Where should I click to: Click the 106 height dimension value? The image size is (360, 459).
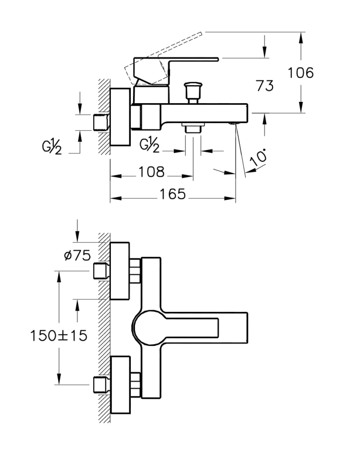(x=301, y=73)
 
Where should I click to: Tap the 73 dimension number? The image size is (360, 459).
(x=264, y=86)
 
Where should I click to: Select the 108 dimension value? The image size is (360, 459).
(x=151, y=172)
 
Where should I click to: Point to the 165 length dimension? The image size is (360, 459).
(x=173, y=194)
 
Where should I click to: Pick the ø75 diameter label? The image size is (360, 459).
(x=77, y=256)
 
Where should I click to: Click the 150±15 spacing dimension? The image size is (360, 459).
(x=59, y=335)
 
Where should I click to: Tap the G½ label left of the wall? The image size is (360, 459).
(x=52, y=148)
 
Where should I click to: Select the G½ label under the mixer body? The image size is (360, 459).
(x=150, y=145)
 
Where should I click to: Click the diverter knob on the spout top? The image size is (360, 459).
(x=192, y=93)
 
